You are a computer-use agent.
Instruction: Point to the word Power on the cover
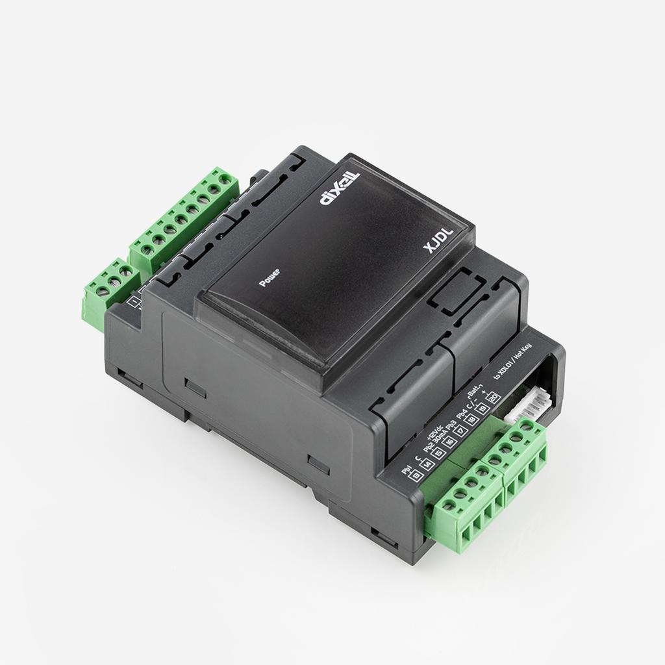pos(269,278)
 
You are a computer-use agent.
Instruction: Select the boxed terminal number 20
pos(494,397)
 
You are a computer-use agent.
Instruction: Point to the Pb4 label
pos(462,414)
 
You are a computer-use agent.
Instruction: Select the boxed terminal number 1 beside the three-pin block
pos(135,301)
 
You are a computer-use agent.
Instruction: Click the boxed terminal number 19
pos(483,409)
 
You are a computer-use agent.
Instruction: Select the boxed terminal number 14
pos(427,465)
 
